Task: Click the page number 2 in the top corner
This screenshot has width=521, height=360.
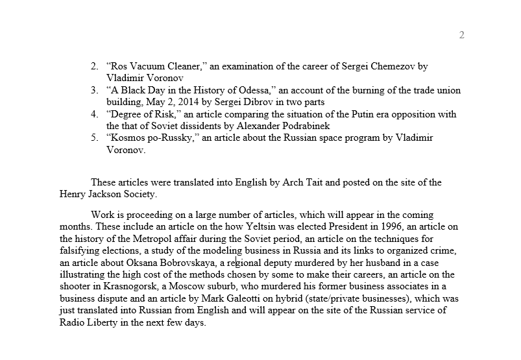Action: [x=462, y=35]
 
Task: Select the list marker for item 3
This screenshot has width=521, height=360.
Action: [x=94, y=90]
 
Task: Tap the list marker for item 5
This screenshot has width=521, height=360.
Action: [x=94, y=138]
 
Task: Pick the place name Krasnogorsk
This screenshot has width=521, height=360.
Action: [x=134, y=286]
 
